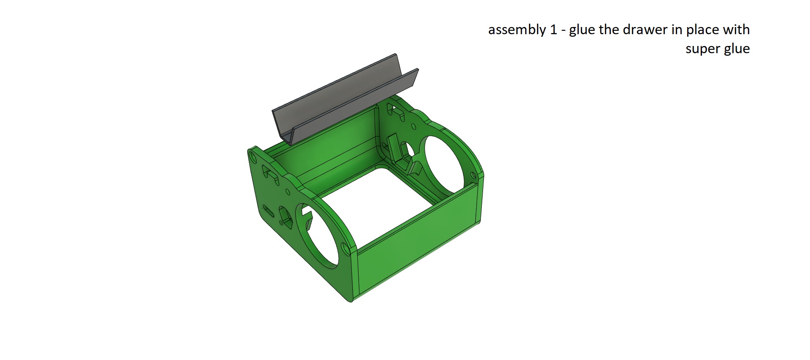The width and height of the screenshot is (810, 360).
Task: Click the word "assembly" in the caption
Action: click(518, 30)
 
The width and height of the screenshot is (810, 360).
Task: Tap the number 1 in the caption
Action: click(553, 30)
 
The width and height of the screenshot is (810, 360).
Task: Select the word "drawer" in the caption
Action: click(646, 30)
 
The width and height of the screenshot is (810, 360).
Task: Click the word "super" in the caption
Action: click(702, 49)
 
